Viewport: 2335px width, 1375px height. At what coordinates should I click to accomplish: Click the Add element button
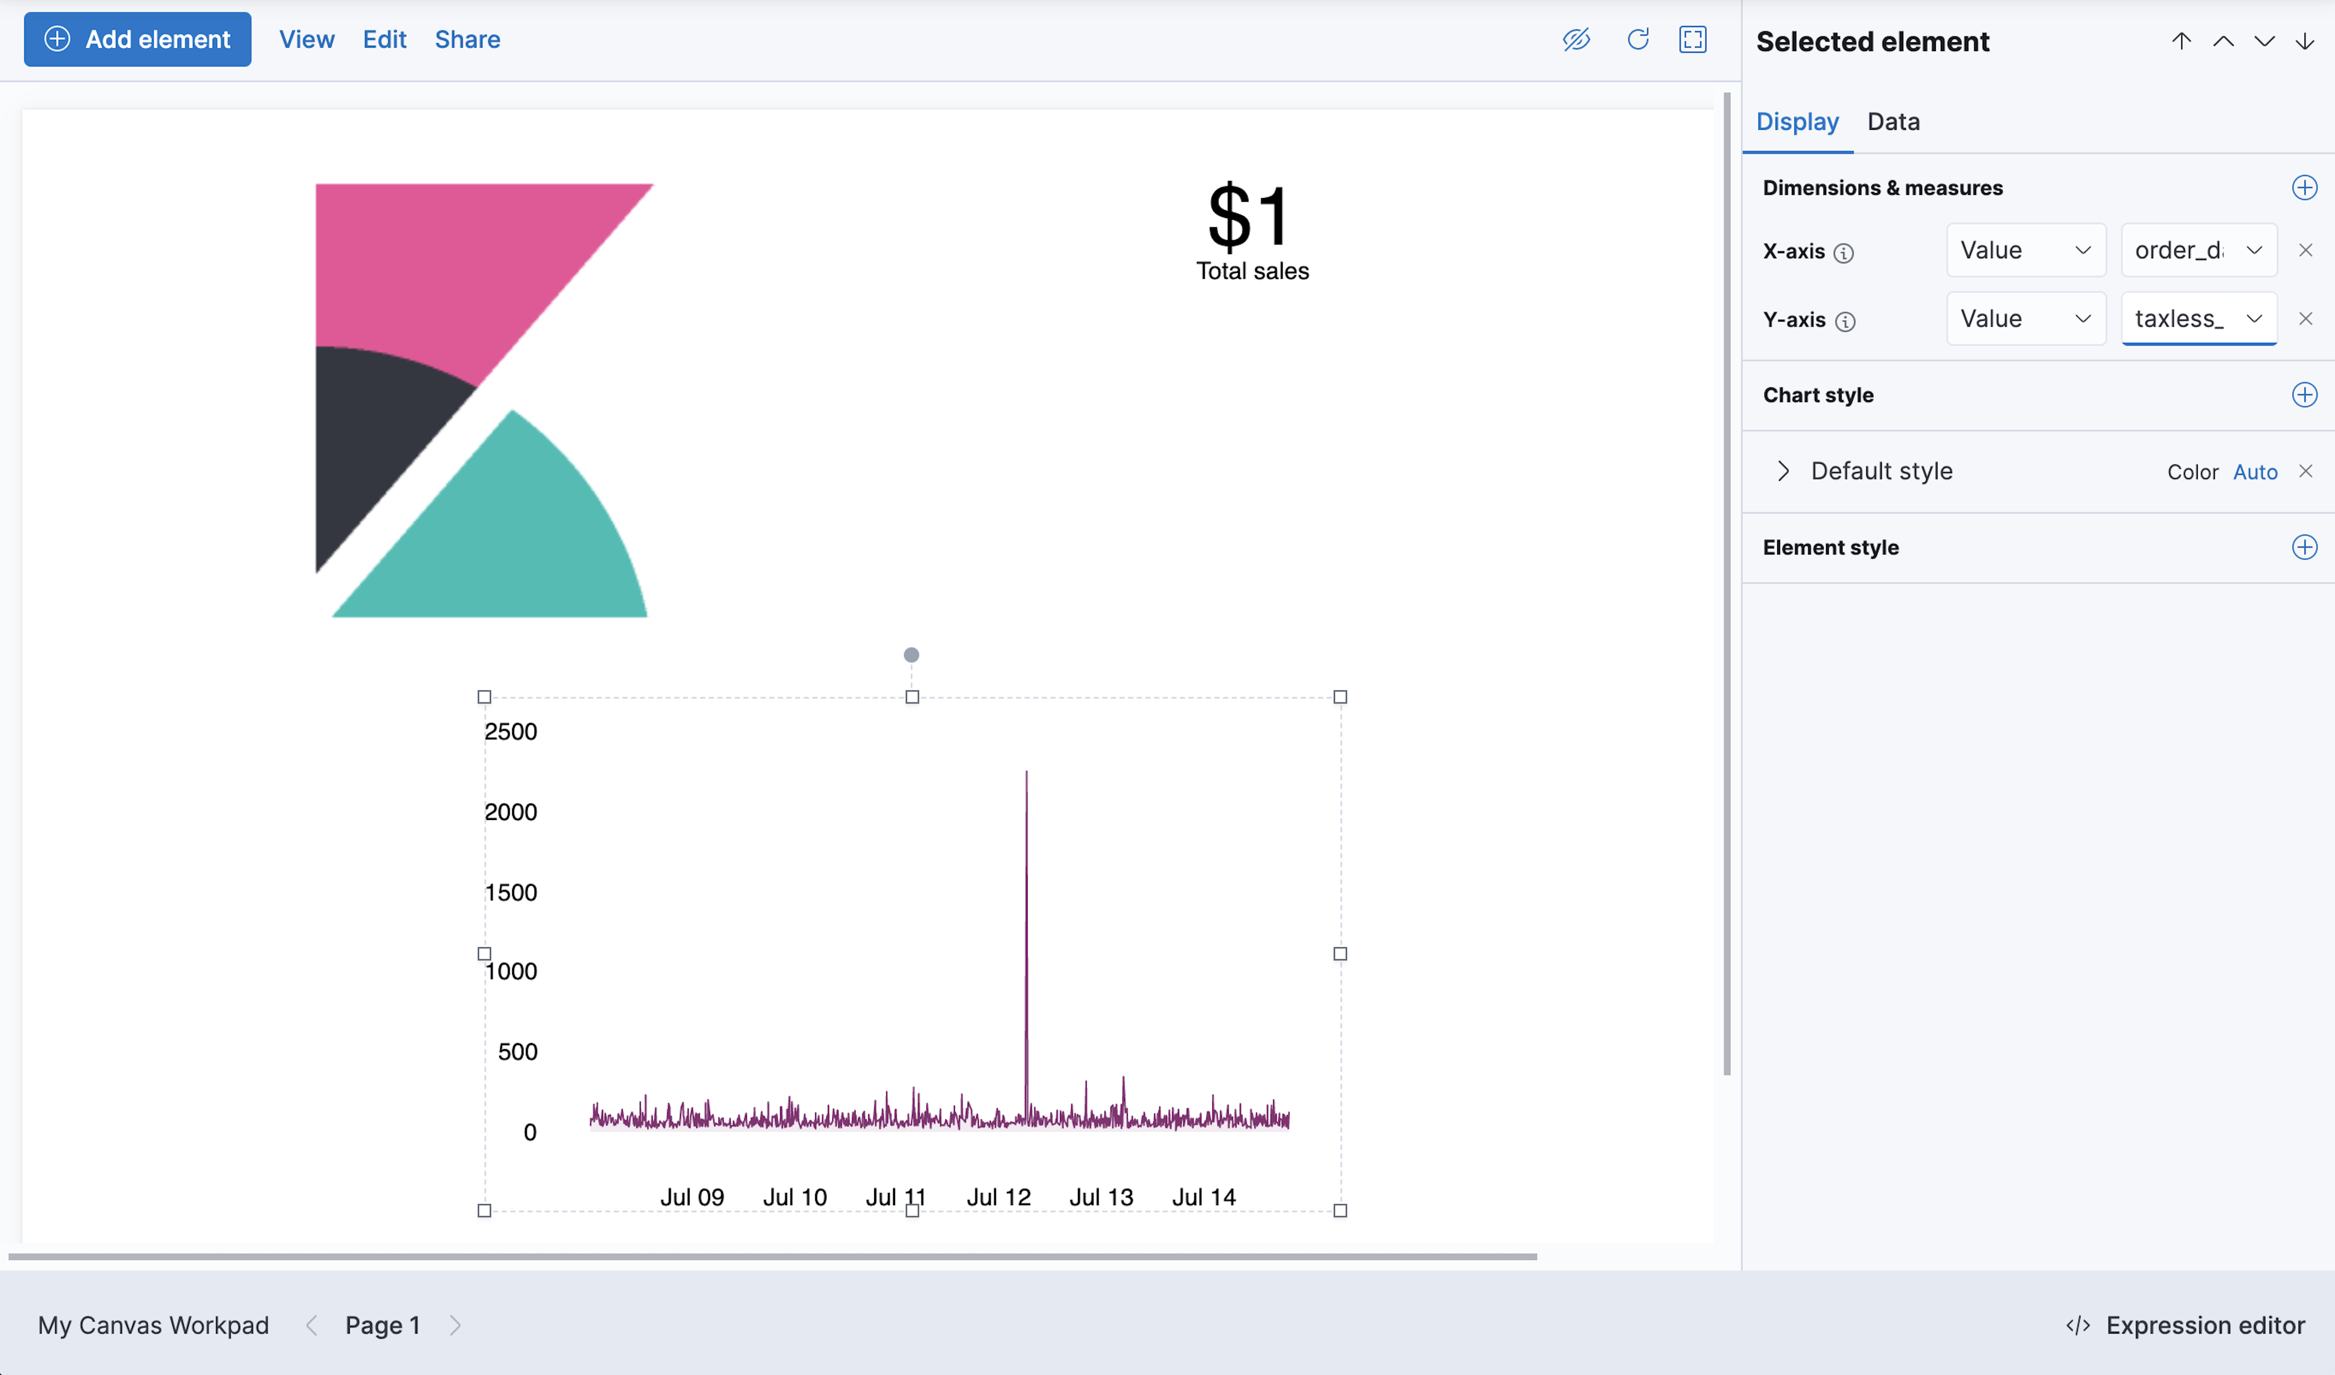coord(137,39)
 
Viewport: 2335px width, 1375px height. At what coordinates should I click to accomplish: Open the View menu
coord(307,39)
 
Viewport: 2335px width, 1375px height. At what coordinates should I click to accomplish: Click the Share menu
coord(467,39)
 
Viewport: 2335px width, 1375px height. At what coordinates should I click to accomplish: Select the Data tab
coord(1893,121)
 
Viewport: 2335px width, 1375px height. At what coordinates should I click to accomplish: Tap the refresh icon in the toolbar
coord(1637,39)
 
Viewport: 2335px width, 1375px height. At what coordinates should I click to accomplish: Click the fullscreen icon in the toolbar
coord(1692,39)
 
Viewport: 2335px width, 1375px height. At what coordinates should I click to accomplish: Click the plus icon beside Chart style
coord(2304,395)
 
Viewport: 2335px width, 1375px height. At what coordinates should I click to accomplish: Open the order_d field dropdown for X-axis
coord(2198,250)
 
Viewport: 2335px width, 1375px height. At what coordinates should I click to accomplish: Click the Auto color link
coord(2254,472)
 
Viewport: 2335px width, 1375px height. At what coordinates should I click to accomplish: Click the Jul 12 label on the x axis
coord(998,1197)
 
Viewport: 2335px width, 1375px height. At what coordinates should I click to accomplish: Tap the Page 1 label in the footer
coord(382,1325)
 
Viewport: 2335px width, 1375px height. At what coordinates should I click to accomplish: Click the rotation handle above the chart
coord(911,655)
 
